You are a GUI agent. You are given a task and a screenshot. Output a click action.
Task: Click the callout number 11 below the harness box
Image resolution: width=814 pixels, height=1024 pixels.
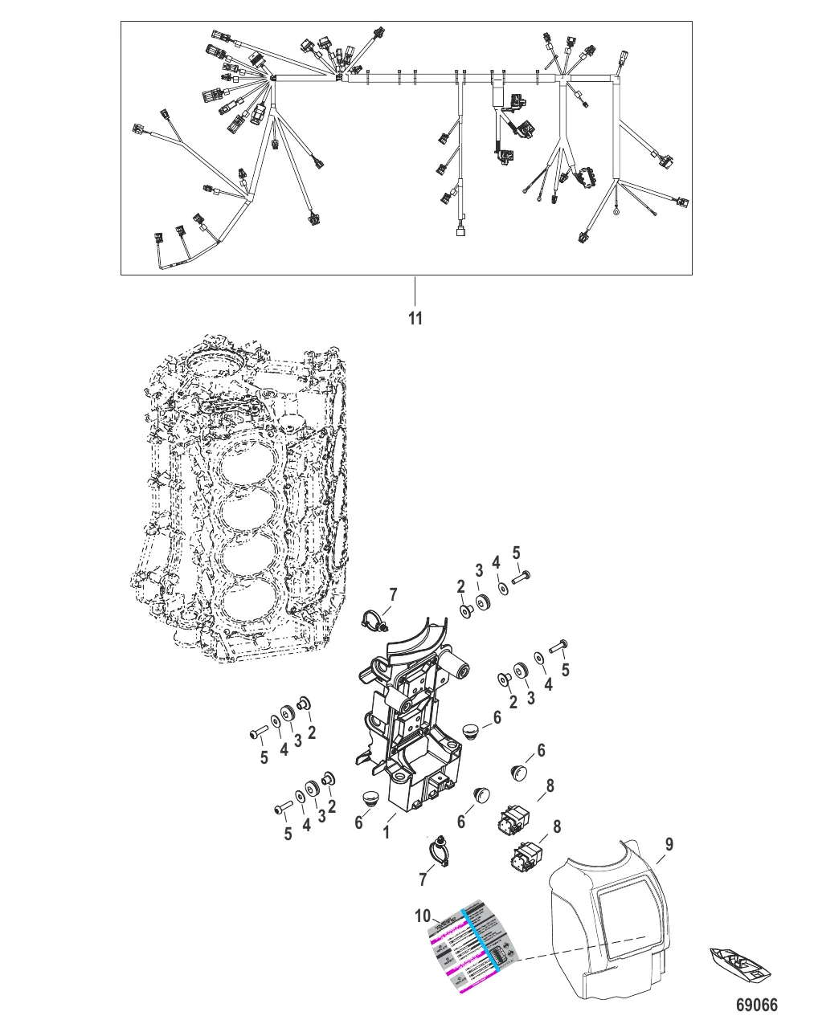[x=415, y=319]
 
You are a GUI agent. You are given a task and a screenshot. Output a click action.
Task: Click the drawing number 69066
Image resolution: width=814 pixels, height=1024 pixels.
[x=757, y=1006]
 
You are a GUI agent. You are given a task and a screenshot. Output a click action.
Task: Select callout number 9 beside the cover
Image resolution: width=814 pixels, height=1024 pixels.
[x=669, y=844]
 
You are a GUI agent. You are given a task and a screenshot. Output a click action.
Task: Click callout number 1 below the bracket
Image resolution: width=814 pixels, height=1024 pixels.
[x=387, y=832]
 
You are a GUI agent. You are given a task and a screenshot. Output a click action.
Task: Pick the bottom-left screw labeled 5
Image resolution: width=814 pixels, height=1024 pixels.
[x=284, y=810]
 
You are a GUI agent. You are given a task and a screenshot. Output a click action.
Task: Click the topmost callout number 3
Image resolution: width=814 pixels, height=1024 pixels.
[x=479, y=571]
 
